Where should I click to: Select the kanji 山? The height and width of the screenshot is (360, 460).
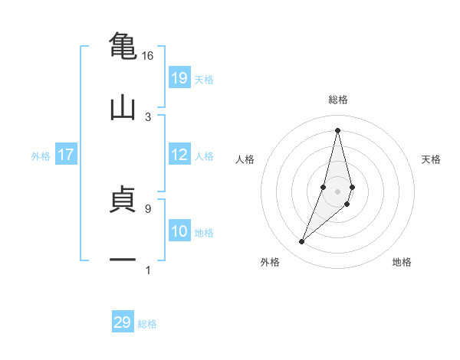point(123,106)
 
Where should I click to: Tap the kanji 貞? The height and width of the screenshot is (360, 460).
point(123,198)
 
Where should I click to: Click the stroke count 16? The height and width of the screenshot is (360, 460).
point(147,56)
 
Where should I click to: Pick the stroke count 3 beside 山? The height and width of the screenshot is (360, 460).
point(147,117)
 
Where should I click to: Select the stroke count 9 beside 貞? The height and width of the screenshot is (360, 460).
point(147,208)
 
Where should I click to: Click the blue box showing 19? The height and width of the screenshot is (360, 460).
point(179,78)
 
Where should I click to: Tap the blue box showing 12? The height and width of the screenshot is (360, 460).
point(179,155)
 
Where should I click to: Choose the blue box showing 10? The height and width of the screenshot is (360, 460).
point(179,231)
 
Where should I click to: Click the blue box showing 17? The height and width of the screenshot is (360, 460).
point(66,155)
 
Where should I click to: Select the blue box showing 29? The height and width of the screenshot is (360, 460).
point(123,322)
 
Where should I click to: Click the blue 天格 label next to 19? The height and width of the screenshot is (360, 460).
point(204,80)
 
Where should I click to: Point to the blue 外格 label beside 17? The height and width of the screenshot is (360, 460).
point(41,156)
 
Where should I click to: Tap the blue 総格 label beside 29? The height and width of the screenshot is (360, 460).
point(147,324)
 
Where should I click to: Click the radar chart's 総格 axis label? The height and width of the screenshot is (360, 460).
point(337,100)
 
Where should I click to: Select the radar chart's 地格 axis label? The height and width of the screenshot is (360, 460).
point(402,263)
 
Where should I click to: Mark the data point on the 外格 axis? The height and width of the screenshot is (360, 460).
point(301,242)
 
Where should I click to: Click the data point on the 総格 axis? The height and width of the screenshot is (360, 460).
point(337,129)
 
